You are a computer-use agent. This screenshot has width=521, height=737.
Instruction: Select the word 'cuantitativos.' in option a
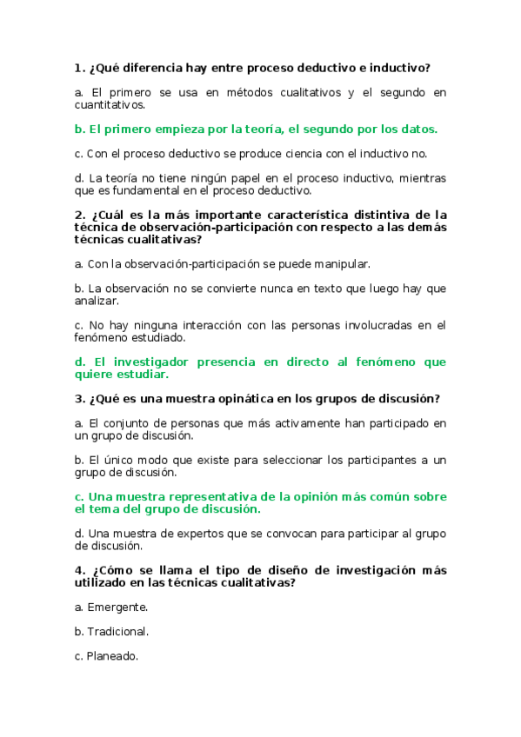click(110, 104)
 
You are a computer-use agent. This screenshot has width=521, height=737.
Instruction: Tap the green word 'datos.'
click(417, 129)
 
